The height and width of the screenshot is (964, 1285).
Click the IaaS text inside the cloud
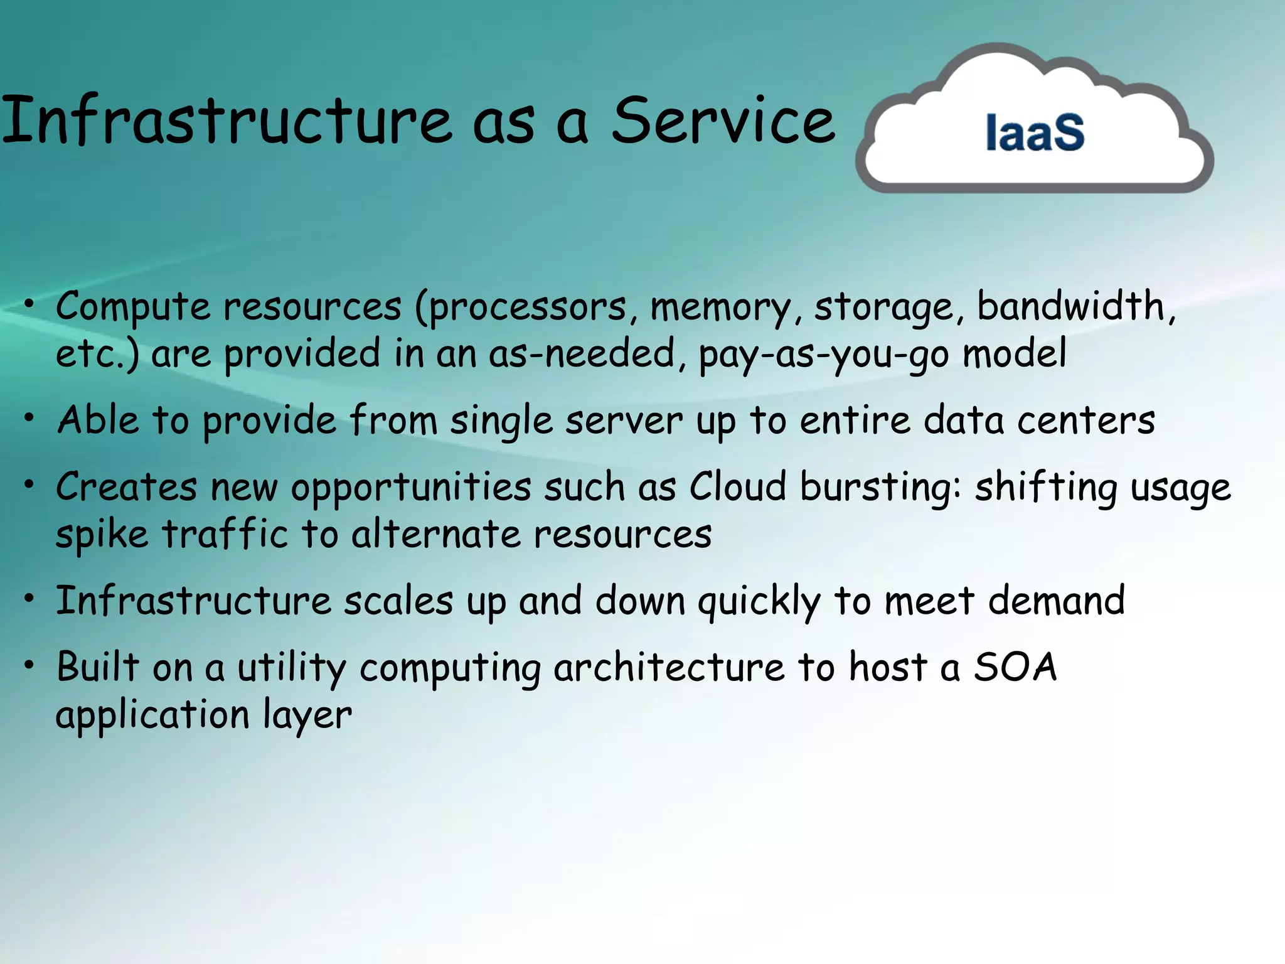click(x=1035, y=133)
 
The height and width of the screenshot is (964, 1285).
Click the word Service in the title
click(x=723, y=120)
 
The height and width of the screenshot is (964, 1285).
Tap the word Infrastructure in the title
click(x=226, y=120)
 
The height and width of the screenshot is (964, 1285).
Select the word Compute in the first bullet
click(x=133, y=308)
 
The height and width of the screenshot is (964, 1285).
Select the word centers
click(x=1085, y=420)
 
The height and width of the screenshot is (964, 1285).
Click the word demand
click(x=1057, y=601)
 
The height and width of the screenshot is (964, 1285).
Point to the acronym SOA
click(x=1015, y=667)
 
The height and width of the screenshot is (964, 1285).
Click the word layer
click(x=307, y=716)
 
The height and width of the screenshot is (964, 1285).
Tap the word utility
click(x=291, y=668)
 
